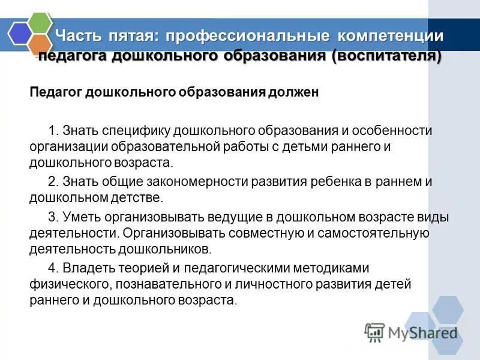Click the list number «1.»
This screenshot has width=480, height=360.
(53, 131)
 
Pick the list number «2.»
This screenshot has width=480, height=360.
(53, 182)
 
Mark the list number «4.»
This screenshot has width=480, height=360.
(53, 268)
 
